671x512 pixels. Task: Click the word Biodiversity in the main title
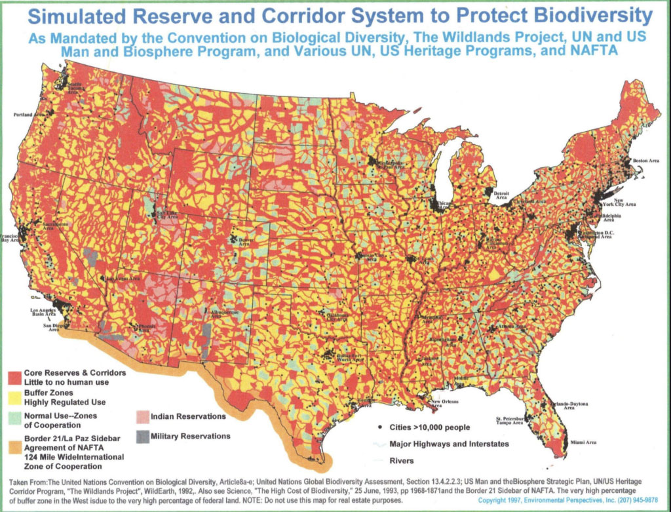[x=586, y=16]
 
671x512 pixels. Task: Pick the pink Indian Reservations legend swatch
[x=142, y=417]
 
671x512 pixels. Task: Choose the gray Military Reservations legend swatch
[x=142, y=437]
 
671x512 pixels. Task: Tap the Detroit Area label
[x=501, y=195]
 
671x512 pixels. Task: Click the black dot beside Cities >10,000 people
[x=381, y=427]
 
